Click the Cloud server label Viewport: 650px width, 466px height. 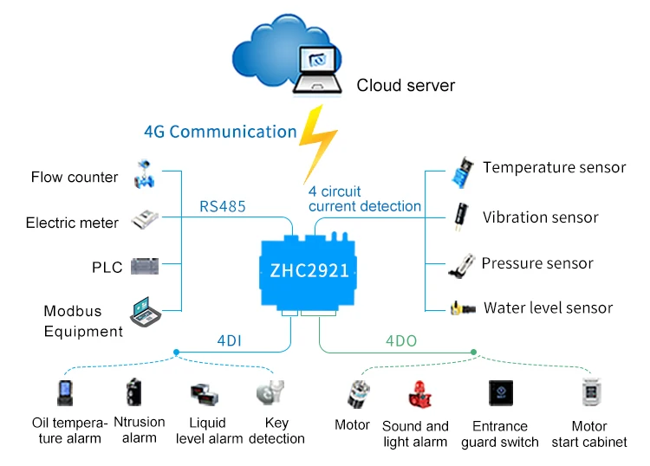pos(406,86)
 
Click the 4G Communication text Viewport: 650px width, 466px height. pos(220,132)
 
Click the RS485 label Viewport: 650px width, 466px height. pos(223,206)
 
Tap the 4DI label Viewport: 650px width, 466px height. pos(229,340)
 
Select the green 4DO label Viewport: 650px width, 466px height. pos(401,341)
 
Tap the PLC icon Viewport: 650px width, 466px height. pos(144,266)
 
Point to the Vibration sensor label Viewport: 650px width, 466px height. pos(540,217)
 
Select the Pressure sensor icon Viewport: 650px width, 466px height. pos(461,265)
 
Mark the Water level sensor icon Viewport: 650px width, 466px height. pos(460,308)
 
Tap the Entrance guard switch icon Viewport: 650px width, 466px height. pos(500,394)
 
